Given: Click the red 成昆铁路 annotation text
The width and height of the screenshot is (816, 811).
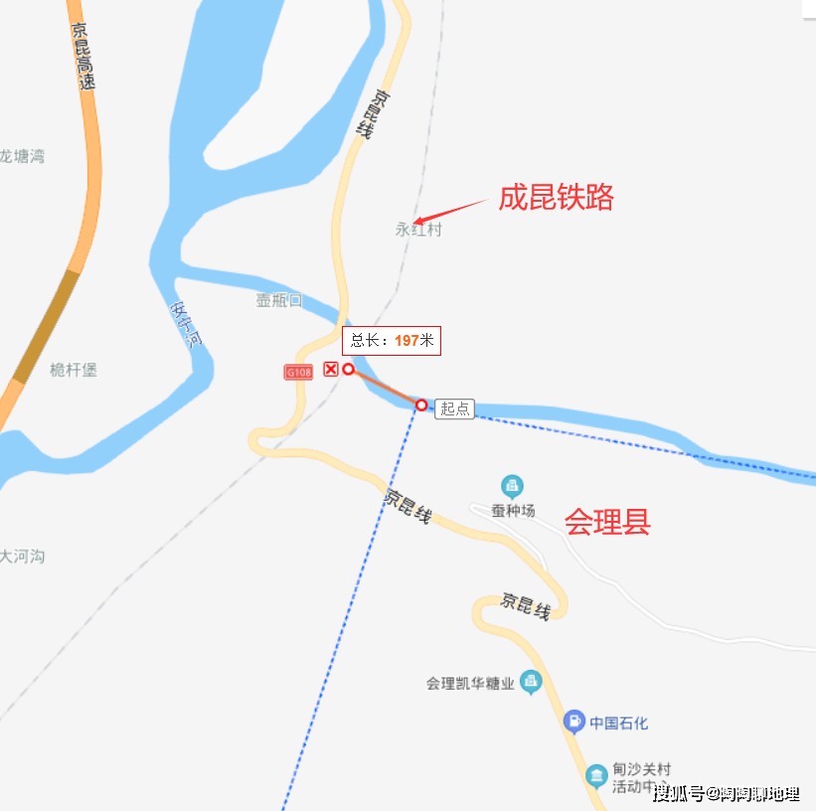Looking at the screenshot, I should coord(557,197).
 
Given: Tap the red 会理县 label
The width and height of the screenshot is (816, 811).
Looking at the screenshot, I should coord(607,522).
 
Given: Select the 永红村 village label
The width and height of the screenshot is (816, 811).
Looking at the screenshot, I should coord(417,230).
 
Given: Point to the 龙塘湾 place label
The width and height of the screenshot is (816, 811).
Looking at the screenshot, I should coord(22,156).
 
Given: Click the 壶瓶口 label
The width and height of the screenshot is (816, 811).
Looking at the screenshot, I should coord(278,300).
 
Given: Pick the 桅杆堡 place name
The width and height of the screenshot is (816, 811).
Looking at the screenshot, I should coord(74,370).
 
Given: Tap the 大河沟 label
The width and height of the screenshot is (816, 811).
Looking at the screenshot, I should coord(22,557).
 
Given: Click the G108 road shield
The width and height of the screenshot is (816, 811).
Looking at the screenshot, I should coord(298,372).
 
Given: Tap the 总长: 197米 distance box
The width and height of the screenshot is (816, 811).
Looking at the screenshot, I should coord(392,340).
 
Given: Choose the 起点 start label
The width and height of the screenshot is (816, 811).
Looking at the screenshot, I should coord(455,407).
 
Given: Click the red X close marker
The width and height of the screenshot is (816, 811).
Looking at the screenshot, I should coord(331,369).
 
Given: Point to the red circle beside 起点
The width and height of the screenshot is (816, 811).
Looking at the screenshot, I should coord(421,405).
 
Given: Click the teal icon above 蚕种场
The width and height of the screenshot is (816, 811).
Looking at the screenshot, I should coord(512,486).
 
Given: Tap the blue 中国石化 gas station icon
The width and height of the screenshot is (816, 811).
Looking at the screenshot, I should coord(573,723).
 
